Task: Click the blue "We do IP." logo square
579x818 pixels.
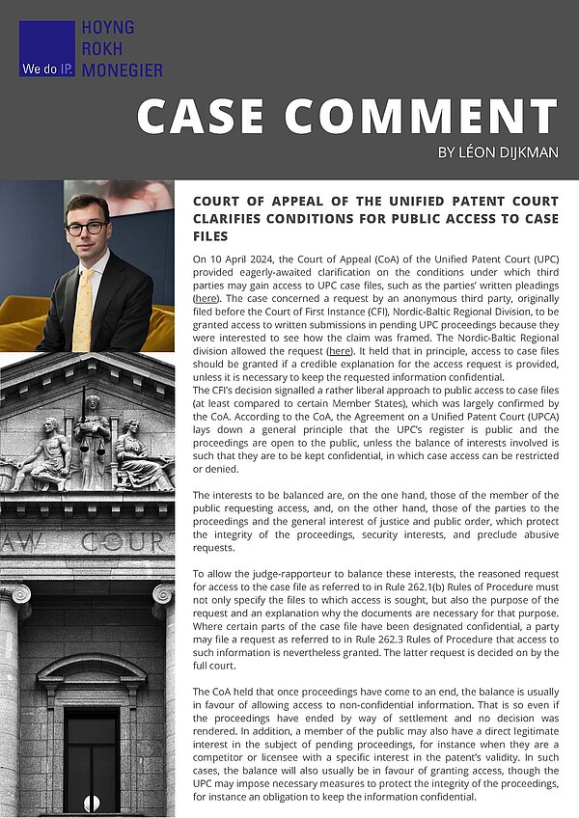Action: tap(46, 48)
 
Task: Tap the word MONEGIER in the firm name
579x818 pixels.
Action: tap(122, 69)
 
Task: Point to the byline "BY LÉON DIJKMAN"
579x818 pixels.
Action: tap(497, 152)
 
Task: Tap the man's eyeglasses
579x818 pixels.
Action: tap(88, 228)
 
